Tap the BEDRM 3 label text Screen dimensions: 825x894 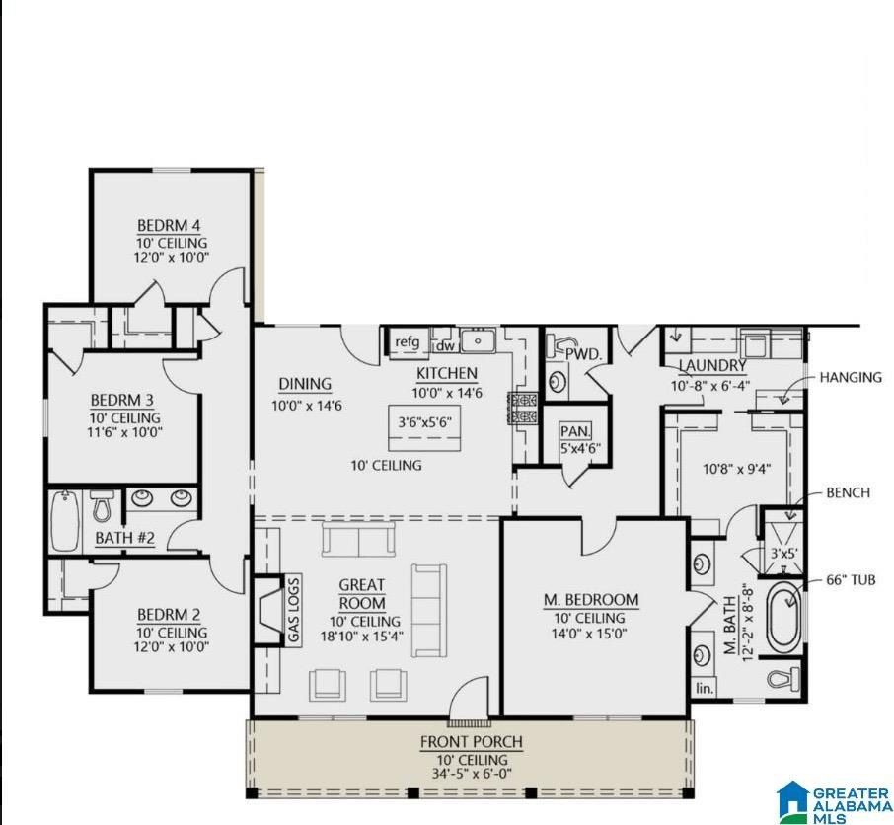(121, 400)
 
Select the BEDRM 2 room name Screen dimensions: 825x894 (172, 614)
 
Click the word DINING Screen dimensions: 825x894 (304, 385)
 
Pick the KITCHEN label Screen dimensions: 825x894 (447, 374)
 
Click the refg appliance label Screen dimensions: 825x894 (407, 343)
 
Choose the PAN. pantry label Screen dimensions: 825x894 (574, 431)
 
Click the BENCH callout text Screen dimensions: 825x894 (848, 492)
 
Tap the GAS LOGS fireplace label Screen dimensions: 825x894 (293, 609)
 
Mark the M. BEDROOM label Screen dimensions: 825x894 (591, 600)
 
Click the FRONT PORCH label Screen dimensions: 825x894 (471, 742)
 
